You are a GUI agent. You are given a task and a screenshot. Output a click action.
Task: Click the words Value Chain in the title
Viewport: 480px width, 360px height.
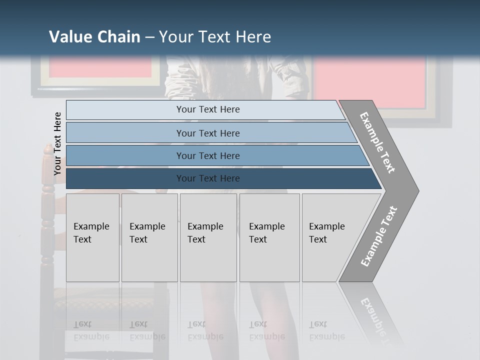point(94,37)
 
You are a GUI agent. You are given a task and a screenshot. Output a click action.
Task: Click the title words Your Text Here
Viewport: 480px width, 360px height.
point(215,37)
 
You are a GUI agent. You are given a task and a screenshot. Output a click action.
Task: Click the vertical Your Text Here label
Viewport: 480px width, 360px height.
point(57,143)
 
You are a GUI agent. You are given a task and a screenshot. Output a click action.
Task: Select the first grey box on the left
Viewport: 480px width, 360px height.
point(92,237)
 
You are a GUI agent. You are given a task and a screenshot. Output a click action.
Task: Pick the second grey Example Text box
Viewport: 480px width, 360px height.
point(149,237)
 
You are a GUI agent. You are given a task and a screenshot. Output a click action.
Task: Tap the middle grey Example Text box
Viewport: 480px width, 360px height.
point(208,237)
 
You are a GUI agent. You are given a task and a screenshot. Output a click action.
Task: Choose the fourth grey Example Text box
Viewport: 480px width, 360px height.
point(269,237)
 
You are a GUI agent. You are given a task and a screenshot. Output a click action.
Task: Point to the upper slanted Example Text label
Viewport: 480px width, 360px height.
point(377,142)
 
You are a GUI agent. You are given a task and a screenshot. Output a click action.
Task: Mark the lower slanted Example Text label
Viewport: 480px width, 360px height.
point(378,236)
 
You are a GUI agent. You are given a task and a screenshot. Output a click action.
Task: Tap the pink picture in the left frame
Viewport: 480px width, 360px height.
point(100,67)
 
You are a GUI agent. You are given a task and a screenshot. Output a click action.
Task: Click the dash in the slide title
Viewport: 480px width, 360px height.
point(149,37)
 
